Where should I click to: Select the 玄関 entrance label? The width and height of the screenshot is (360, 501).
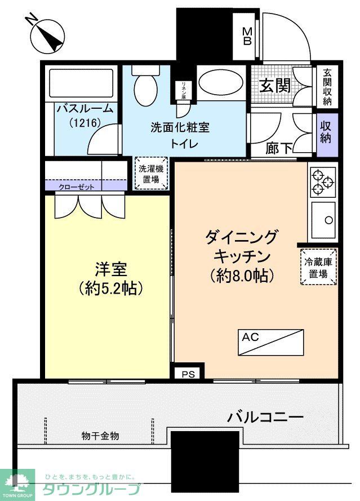tap(274, 85)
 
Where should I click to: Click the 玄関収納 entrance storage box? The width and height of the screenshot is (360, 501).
tap(327, 87)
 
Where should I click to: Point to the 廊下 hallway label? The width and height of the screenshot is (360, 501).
tap(279, 149)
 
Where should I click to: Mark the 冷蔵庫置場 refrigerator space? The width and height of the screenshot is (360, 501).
tap(318, 267)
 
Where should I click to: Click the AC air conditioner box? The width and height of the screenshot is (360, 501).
tap(270, 342)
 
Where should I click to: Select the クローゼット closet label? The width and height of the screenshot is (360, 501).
tap(77, 187)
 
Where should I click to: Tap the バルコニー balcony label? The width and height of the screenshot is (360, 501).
tap(265, 418)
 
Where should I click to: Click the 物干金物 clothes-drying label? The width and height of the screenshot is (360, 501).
tap(100, 436)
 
